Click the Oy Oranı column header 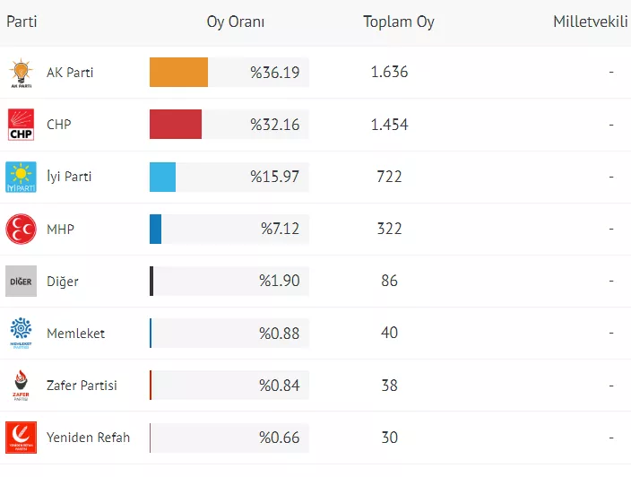coord(236,22)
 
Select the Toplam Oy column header coord(398,22)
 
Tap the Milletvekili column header coord(589,22)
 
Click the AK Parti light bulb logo coord(21,73)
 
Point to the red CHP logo coord(21,125)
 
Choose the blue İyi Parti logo coord(21,177)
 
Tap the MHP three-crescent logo coord(21,229)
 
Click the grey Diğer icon coord(21,281)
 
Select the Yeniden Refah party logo coord(21,437)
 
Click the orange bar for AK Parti coord(178,73)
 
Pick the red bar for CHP coord(176,125)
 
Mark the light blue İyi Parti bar coord(162,177)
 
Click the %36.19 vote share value coord(274,73)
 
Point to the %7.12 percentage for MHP coord(280,229)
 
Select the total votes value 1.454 coord(389,125)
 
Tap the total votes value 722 coord(389,177)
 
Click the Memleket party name coord(75,333)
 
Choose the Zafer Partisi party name coord(82,385)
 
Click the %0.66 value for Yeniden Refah coord(279,437)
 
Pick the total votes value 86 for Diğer coord(389,281)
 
